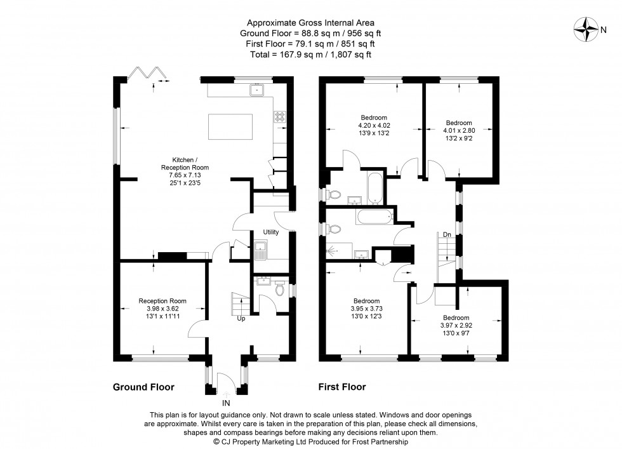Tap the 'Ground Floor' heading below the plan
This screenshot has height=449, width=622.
(143, 386)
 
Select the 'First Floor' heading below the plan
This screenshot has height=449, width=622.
(341, 386)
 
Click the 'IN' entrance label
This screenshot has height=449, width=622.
(226, 403)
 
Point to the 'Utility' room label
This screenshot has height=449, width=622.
(271, 232)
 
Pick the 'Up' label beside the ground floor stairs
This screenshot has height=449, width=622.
(241, 318)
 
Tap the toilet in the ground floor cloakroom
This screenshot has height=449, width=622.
(280, 290)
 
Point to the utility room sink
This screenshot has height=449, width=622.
(261, 248)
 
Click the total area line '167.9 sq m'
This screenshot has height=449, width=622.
(310, 55)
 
